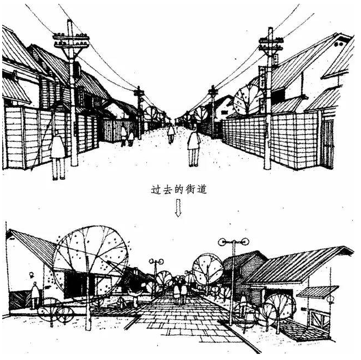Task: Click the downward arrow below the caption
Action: (x=178, y=208)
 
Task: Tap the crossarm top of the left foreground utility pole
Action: (x=71, y=38)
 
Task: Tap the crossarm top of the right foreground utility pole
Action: (x=271, y=41)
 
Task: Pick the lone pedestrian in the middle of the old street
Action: (x=171, y=132)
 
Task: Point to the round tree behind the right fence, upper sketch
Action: (x=247, y=97)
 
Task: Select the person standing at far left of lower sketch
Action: (x=35, y=294)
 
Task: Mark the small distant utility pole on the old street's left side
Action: (x=140, y=110)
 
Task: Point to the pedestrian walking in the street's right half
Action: (x=194, y=145)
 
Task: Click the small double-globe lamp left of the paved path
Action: (x=157, y=262)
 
